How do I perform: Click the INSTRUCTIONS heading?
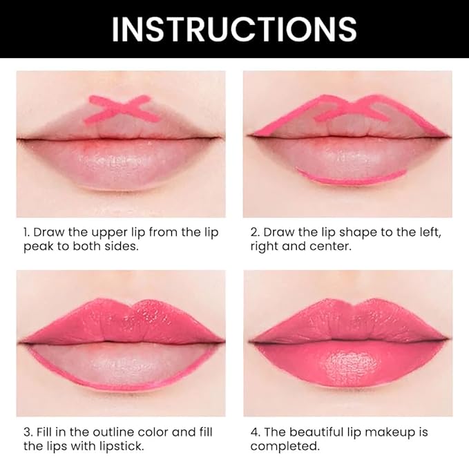(234, 29)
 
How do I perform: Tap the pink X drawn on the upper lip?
(121, 108)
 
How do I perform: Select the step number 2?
(253, 232)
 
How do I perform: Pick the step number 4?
(254, 432)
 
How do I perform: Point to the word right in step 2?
(265, 247)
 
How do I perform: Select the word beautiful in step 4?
(320, 432)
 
